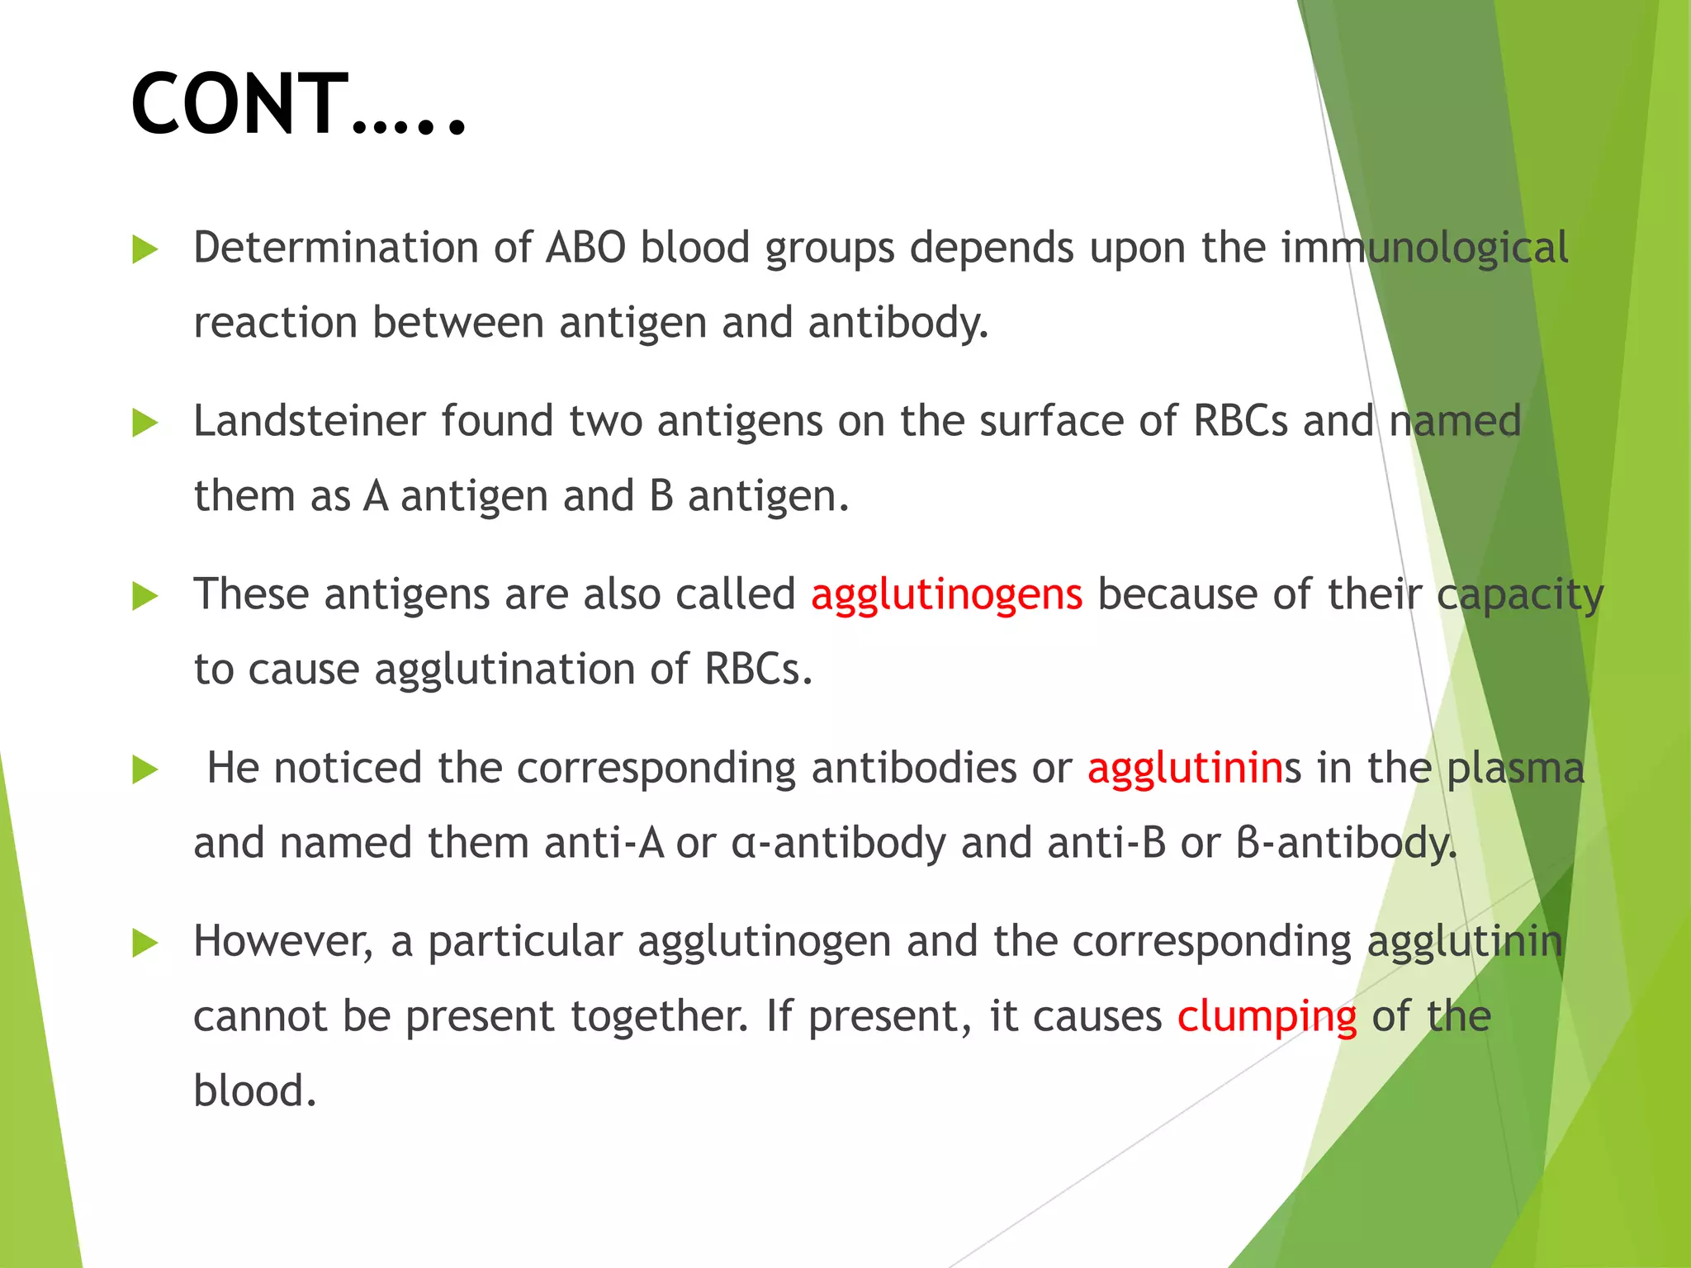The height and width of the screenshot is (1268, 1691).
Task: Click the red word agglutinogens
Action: (946, 594)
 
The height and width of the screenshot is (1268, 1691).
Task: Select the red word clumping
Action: (1267, 1017)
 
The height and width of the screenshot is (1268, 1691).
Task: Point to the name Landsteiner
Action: (309, 421)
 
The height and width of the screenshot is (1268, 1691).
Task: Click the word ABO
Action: (585, 248)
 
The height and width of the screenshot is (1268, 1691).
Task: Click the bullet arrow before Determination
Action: (144, 249)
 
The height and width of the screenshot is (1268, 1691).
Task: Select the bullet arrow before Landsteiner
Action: (144, 423)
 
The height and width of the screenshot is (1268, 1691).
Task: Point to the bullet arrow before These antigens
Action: (144, 596)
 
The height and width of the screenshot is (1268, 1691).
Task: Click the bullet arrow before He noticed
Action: (144, 769)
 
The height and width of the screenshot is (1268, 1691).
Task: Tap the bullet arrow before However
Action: (144, 943)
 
